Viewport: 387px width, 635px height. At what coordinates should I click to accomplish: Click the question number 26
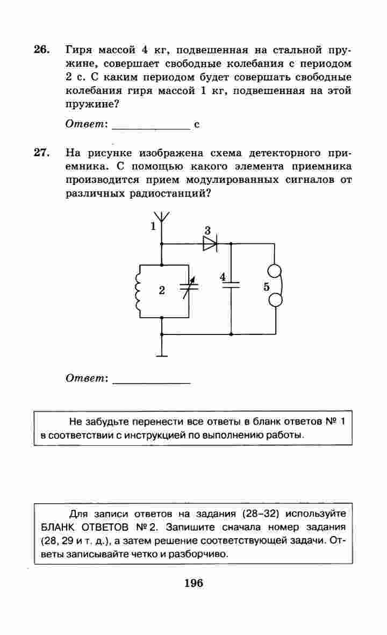tap(41, 50)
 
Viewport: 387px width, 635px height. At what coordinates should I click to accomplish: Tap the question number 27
tap(41, 152)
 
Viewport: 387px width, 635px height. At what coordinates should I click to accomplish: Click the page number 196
tap(193, 583)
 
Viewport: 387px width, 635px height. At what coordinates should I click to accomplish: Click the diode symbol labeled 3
tap(210, 244)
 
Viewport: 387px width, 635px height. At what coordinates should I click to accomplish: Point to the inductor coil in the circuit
tap(139, 291)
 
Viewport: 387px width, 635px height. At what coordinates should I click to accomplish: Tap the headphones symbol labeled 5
tap(276, 287)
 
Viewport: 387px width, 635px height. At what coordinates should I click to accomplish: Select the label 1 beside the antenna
tap(153, 226)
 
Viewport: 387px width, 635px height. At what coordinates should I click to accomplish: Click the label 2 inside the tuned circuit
tap(161, 291)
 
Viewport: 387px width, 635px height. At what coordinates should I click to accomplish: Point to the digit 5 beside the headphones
tap(267, 287)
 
